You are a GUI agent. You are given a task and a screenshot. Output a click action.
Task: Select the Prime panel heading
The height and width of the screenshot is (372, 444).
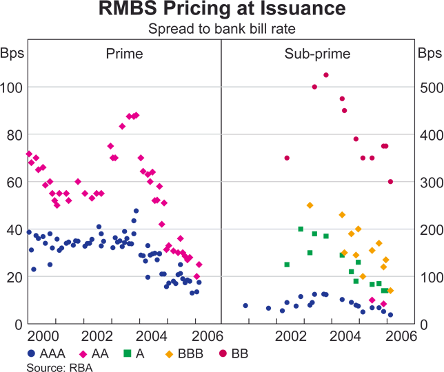point(124,53)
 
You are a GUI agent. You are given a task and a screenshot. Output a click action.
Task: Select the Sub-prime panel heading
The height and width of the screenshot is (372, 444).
point(318,53)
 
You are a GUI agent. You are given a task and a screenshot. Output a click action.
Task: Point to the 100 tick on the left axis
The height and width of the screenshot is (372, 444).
point(14,87)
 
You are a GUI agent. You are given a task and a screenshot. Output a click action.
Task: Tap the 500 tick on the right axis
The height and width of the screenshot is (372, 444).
point(429,87)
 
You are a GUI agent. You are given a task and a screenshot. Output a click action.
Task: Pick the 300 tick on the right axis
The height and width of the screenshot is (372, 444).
point(429,182)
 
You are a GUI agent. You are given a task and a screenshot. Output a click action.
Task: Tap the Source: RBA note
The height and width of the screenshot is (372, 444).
point(59,367)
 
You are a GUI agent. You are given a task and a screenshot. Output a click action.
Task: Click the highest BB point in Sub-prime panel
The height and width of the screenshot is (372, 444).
point(326,75)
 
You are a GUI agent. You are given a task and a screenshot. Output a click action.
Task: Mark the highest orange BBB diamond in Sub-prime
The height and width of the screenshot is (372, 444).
point(310,205)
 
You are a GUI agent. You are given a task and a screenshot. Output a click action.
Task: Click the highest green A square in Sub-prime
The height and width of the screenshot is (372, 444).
point(301,229)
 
